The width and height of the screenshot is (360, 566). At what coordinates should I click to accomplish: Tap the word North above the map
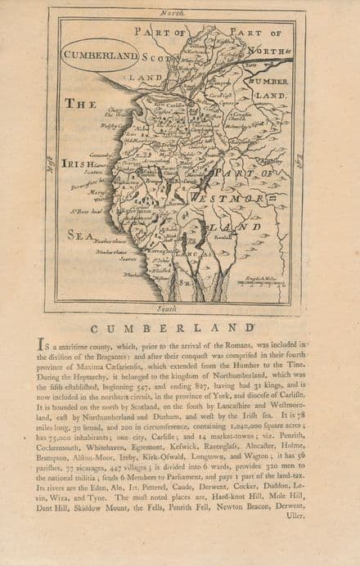[173, 14]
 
